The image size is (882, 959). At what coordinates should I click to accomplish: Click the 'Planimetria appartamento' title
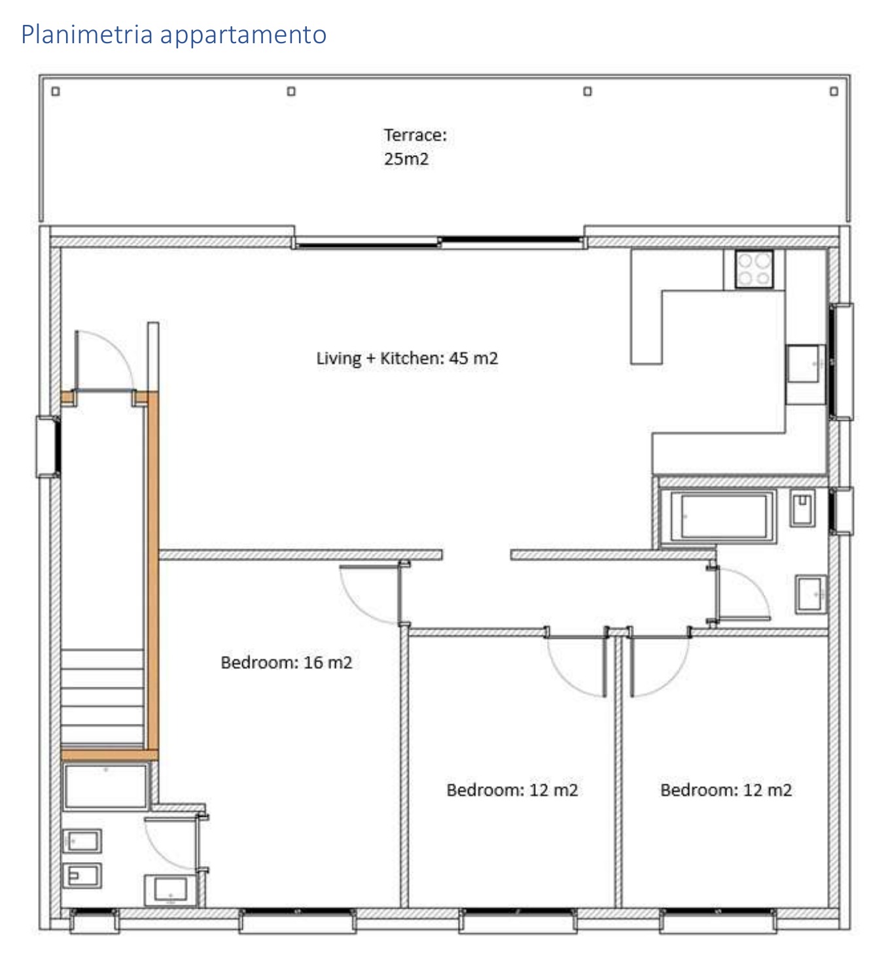click(173, 35)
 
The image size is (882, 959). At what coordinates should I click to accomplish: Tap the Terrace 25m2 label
click(415, 147)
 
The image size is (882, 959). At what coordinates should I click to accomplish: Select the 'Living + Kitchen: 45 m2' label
click(407, 358)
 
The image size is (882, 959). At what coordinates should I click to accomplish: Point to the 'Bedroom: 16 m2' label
click(287, 662)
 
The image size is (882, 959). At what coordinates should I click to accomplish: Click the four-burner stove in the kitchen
click(754, 269)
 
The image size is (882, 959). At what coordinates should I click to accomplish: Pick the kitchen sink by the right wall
click(805, 364)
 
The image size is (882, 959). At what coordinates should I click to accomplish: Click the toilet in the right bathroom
click(802, 508)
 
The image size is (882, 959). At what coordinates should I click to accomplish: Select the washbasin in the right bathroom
click(811, 594)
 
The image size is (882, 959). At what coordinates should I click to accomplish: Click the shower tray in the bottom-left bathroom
click(105, 786)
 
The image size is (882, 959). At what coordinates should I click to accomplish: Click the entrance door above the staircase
click(104, 361)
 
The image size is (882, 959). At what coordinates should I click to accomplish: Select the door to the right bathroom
click(739, 595)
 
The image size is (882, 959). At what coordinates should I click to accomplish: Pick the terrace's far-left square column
click(56, 91)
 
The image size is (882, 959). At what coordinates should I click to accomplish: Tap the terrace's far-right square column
click(834, 91)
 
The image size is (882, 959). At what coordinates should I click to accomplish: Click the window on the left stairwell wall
click(48, 446)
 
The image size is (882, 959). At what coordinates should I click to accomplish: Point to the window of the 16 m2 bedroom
click(297, 921)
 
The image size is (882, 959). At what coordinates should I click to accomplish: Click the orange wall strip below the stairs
click(109, 755)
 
